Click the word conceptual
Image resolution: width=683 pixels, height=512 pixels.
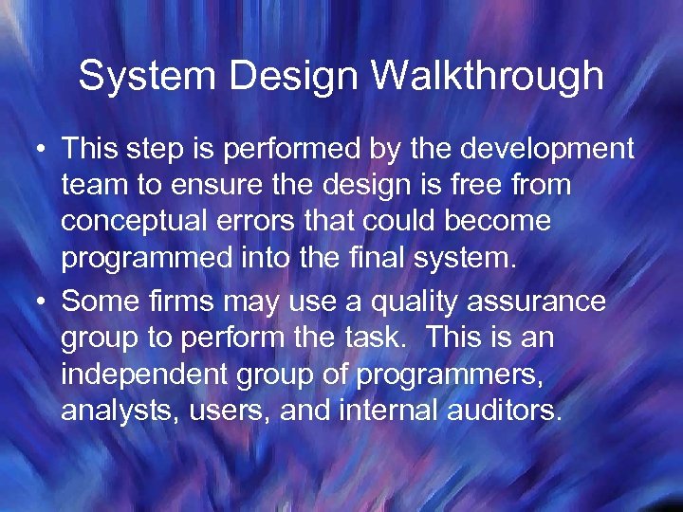(132, 222)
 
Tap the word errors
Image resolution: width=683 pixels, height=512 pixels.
(251, 222)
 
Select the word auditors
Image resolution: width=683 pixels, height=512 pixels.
(503, 411)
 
